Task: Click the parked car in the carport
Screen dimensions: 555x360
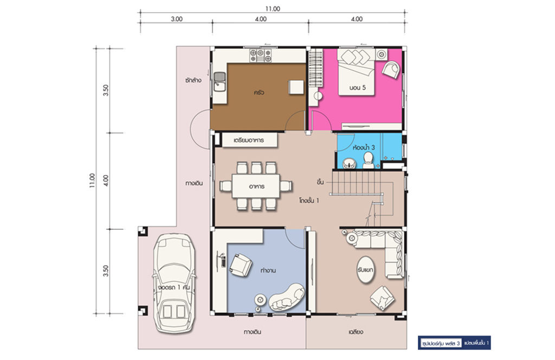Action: pos(174,283)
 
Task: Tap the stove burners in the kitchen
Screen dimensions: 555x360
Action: pos(261,56)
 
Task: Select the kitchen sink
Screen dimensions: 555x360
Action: pos(220,81)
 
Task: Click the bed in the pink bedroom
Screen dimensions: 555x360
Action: pos(356,72)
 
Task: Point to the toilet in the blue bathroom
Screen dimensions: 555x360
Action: pos(368,160)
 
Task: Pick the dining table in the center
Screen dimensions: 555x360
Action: pos(256,186)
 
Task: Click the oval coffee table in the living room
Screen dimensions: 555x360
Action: pos(365,270)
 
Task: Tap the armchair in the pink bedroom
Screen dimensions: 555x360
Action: pos(391,69)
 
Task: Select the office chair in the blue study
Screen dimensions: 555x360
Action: pos(240,265)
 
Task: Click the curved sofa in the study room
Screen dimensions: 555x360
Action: pos(287,297)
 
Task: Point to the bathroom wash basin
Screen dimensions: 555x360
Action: pos(350,163)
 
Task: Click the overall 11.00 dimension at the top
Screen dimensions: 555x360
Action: pos(273,9)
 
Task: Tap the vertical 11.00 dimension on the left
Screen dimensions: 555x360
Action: pos(92,181)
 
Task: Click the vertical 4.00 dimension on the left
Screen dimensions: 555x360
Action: pos(106,181)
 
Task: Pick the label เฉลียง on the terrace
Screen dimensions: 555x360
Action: pos(356,332)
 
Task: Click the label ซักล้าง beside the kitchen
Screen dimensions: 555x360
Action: pos(193,80)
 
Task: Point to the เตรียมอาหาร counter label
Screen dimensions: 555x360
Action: pos(249,140)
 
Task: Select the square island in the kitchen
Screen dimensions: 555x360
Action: pos(296,87)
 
